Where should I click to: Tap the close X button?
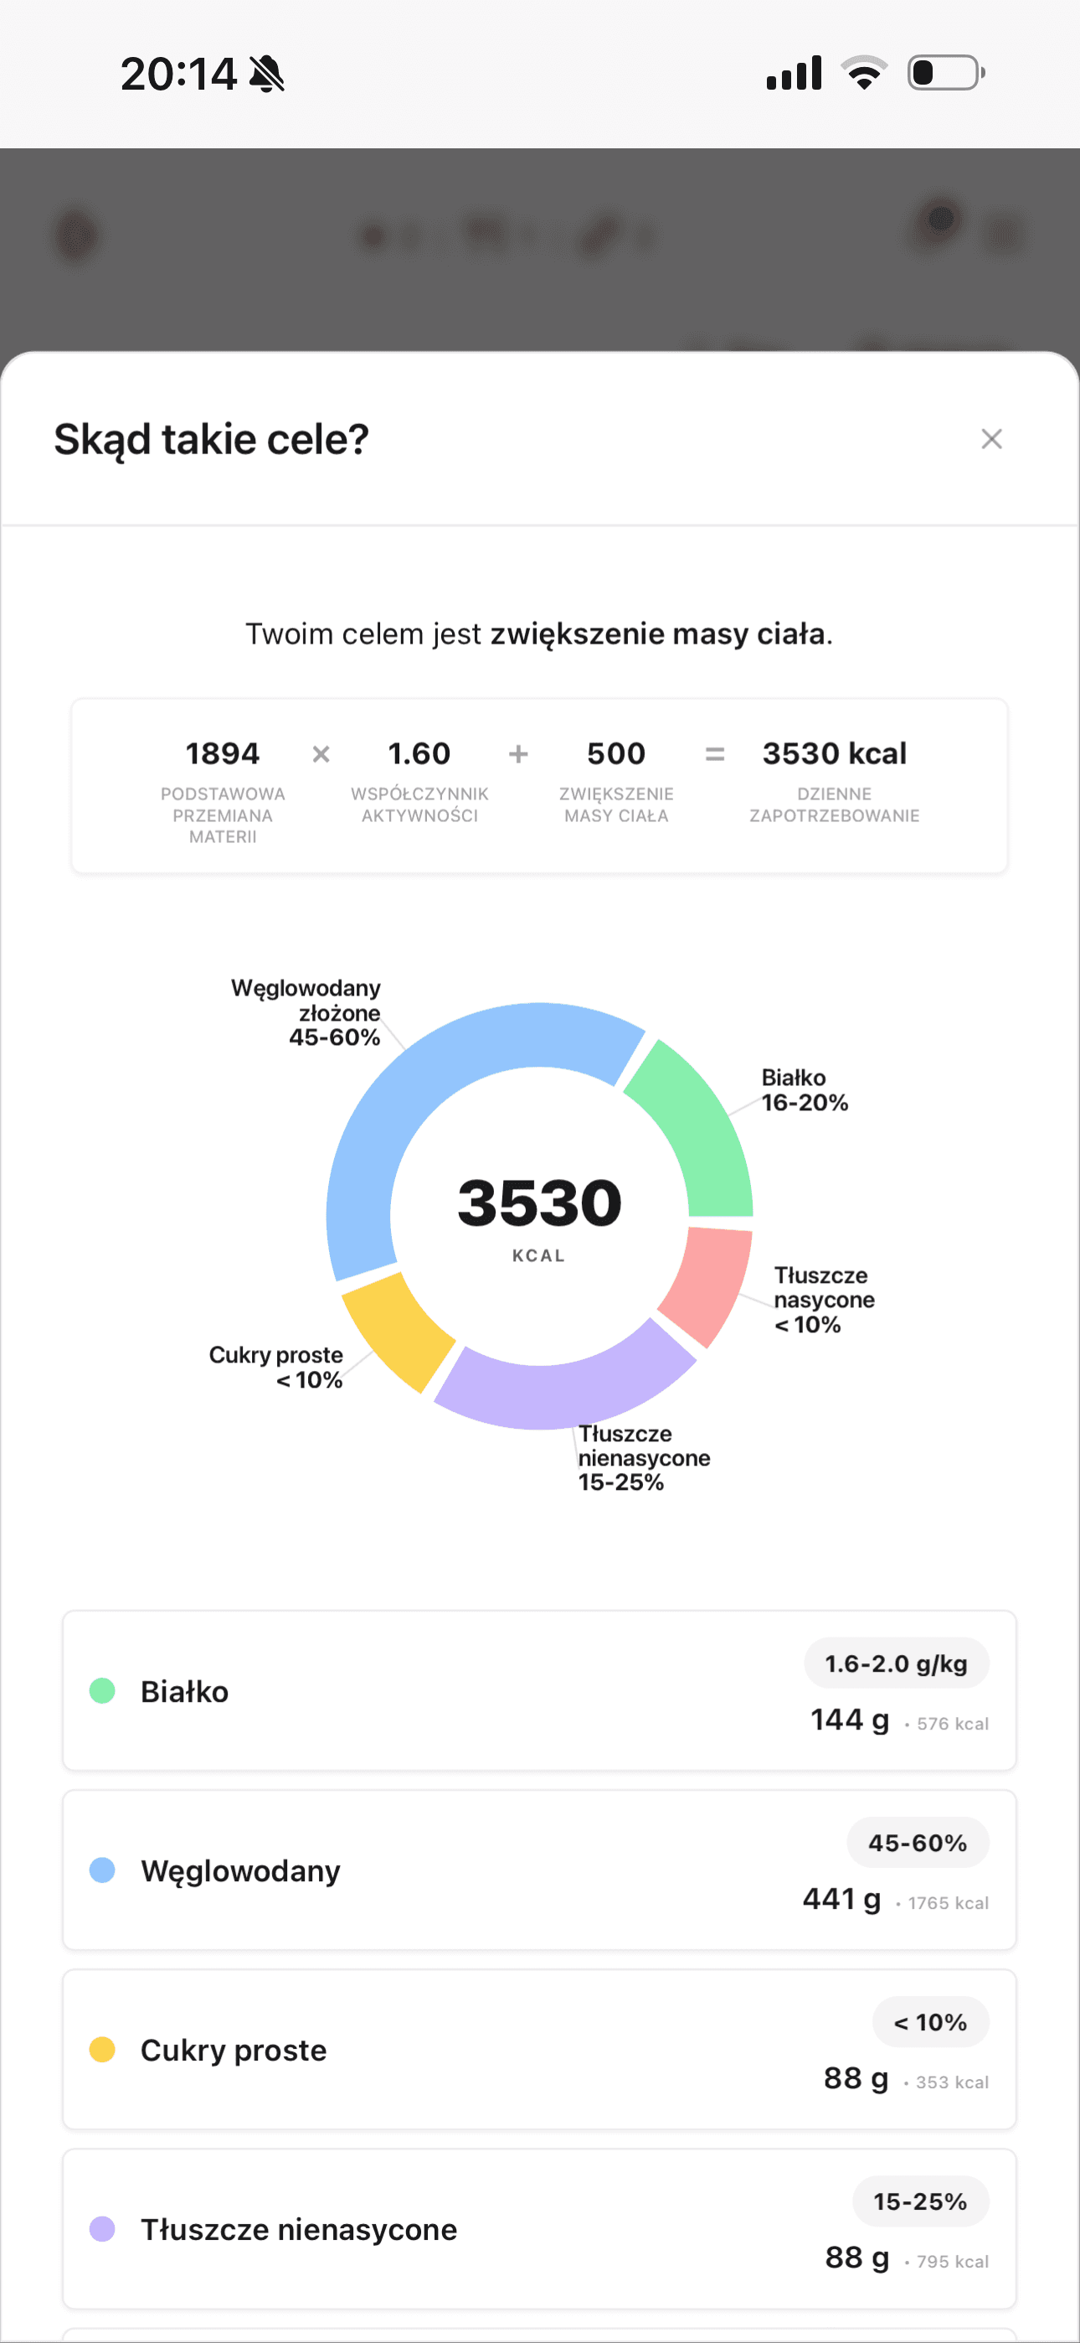tap(991, 439)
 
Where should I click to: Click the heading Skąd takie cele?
tap(211, 439)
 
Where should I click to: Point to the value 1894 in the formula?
tap(223, 753)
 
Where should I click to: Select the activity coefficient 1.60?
tap(419, 753)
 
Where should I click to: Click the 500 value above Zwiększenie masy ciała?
tap(616, 753)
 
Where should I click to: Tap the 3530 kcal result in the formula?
tap(834, 753)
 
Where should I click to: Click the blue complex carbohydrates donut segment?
tap(409, 1109)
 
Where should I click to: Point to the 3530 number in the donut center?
tap(539, 1203)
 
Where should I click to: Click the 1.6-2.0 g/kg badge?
tap(896, 1663)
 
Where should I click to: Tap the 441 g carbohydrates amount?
tap(842, 1899)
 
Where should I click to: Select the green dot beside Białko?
tap(103, 1691)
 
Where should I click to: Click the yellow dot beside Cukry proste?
tap(103, 2049)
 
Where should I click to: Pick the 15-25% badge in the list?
tap(920, 2201)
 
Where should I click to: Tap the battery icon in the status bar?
tap(945, 73)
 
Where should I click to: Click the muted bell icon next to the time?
tap(266, 74)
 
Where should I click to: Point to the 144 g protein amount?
tap(850, 1720)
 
